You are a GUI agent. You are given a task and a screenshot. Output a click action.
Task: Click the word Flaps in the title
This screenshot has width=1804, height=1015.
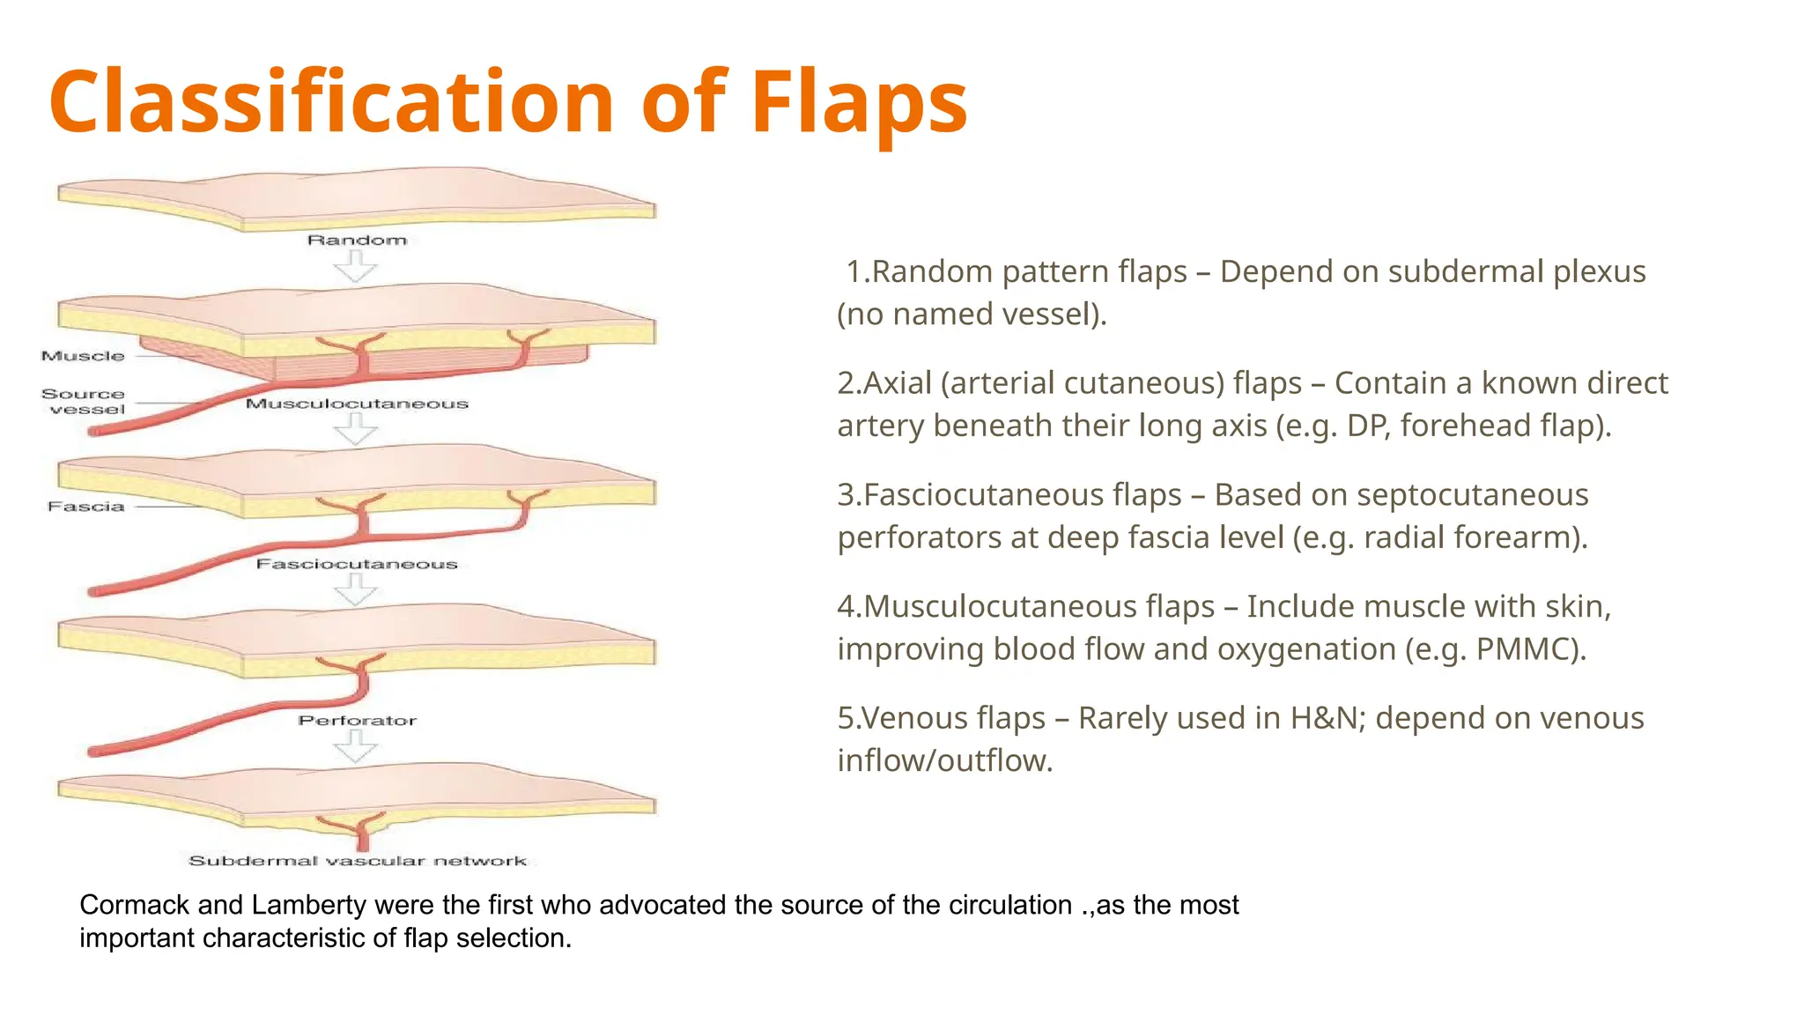[859, 103]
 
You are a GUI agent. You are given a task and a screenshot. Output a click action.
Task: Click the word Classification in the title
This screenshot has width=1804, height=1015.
[331, 103]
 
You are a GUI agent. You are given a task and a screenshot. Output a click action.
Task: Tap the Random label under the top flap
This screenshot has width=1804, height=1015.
[357, 240]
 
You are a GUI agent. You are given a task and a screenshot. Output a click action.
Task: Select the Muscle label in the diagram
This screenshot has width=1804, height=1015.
[83, 356]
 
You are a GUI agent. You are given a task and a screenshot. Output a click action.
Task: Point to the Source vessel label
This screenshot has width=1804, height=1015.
[85, 402]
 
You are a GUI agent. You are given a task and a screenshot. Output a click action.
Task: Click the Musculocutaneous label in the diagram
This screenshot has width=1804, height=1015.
[357, 404]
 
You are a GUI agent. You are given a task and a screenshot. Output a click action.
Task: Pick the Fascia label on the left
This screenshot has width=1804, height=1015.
[85, 507]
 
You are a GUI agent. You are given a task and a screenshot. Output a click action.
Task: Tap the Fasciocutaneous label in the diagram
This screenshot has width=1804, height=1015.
[357, 564]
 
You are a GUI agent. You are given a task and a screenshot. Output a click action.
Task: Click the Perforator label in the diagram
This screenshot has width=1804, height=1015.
[357, 721]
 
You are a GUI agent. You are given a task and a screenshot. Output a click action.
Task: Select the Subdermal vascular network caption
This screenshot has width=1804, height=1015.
[357, 861]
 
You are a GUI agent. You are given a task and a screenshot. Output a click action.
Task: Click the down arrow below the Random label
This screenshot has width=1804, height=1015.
[356, 266]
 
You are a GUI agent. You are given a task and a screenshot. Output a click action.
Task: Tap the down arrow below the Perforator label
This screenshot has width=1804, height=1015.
[356, 747]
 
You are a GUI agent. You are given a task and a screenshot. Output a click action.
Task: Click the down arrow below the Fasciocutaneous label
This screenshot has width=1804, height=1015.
[356, 589]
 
